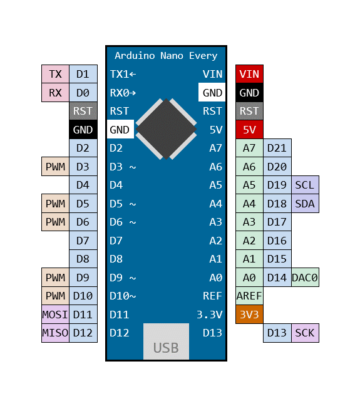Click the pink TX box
tap(55, 74)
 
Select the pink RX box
tap(55, 93)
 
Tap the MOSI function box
tap(55, 315)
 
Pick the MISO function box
tap(55, 333)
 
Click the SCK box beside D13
tap(305, 333)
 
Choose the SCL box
tap(305, 185)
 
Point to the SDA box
tap(305, 204)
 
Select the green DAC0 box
tap(305, 278)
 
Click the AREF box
tap(249, 296)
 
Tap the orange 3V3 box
tap(249, 315)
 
